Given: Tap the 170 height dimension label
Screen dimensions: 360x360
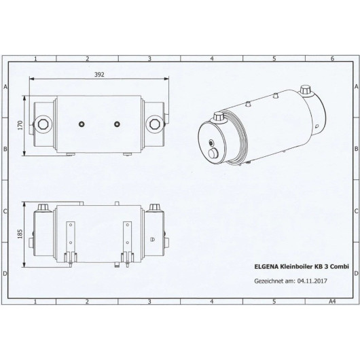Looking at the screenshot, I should (x=20, y=125).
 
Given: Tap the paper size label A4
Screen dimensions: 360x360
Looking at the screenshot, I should (x=331, y=300).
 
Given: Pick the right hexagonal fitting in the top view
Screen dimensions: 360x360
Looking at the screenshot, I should (x=156, y=124).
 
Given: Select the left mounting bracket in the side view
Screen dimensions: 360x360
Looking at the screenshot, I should (x=69, y=241).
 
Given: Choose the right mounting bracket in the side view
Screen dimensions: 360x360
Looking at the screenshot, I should (x=126, y=241).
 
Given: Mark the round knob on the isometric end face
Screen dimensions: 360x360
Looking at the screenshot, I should (x=217, y=154).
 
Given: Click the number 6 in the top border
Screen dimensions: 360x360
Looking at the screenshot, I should (x=331, y=60).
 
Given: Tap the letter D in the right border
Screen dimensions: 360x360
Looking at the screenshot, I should (x=355, y=273).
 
